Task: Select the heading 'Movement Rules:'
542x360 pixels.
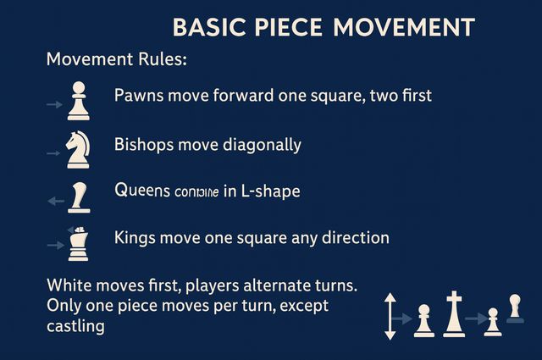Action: click(117, 61)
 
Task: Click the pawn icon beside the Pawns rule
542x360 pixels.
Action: click(78, 101)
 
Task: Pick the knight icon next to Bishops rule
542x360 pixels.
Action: click(78, 148)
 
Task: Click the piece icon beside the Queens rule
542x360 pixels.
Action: click(80, 197)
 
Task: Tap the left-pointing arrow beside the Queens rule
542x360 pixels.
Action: click(56, 202)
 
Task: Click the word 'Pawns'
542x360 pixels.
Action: click(139, 95)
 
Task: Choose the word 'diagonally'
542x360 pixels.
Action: click(262, 145)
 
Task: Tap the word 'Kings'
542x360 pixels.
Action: click(135, 238)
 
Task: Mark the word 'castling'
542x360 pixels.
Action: click(75, 325)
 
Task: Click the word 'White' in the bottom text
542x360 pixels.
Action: click(69, 284)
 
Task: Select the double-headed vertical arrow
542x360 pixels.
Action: click(390, 315)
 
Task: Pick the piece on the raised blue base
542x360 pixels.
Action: click(514, 308)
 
